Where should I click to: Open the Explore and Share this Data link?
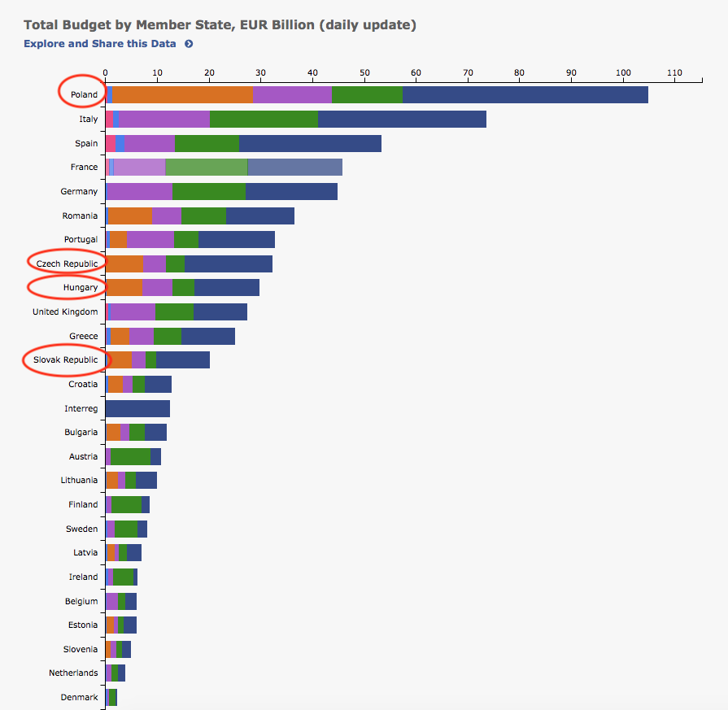pos(100,44)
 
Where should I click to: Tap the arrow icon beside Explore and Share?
pos(189,44)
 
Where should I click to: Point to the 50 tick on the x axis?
pos(364,73)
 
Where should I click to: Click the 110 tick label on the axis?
pos(674,73)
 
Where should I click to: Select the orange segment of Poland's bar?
pos(182,94)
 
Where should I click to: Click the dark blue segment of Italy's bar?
pos(402,120)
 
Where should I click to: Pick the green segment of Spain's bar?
pos(207,143)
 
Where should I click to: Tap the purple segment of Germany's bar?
pos(139,191)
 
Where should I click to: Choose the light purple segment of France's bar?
pos(139,168)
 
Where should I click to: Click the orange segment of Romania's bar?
pos(130,216)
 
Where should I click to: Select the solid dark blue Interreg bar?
pos(137,408)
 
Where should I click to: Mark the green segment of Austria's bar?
pos(130,456)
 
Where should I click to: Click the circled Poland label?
pos(84,94)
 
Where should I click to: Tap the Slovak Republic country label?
pos(65,359)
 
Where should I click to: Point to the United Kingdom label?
pos(65,311)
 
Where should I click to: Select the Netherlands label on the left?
pos(73,673)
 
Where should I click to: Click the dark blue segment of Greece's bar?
pos(208,336)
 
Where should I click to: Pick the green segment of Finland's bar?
pos(126,505)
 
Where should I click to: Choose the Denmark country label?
pos(80,697)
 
